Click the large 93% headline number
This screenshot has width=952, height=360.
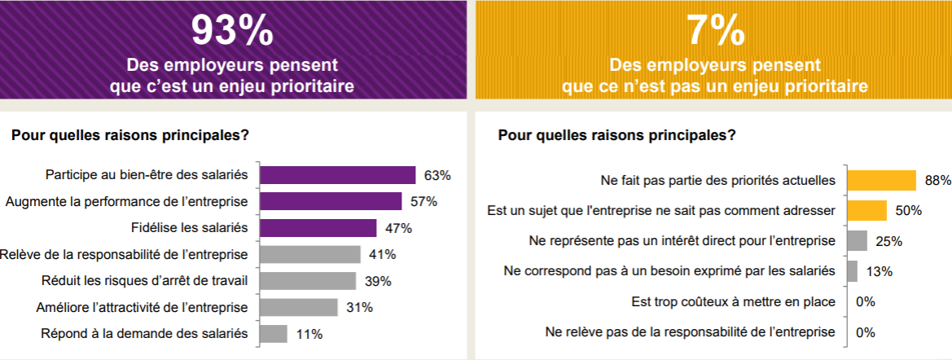[232, 30]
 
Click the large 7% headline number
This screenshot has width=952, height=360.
[714, 30]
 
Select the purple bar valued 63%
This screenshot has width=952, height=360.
[337, 175]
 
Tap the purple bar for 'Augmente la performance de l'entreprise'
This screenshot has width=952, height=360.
[331, 201]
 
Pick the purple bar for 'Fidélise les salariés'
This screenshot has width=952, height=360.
[318, 228]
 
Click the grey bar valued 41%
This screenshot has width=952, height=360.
[309, 254]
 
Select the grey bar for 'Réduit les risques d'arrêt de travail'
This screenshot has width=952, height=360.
[307, 281]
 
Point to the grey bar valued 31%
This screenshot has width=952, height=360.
[298, 307]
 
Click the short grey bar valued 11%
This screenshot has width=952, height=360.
[273, 334]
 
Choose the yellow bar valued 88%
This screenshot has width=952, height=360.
[881, 180]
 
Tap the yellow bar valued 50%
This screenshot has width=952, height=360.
[866, 210]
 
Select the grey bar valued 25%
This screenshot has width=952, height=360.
[857, 241]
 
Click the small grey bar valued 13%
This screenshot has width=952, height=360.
[852, 271]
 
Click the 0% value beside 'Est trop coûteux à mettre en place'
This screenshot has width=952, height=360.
[865, 301]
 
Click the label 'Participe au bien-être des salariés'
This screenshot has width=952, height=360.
[147, 175]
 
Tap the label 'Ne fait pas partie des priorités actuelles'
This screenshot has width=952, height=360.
[717, 180]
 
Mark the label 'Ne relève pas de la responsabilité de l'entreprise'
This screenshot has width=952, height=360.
[690, 332]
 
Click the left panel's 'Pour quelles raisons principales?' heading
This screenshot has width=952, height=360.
[130, 136]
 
